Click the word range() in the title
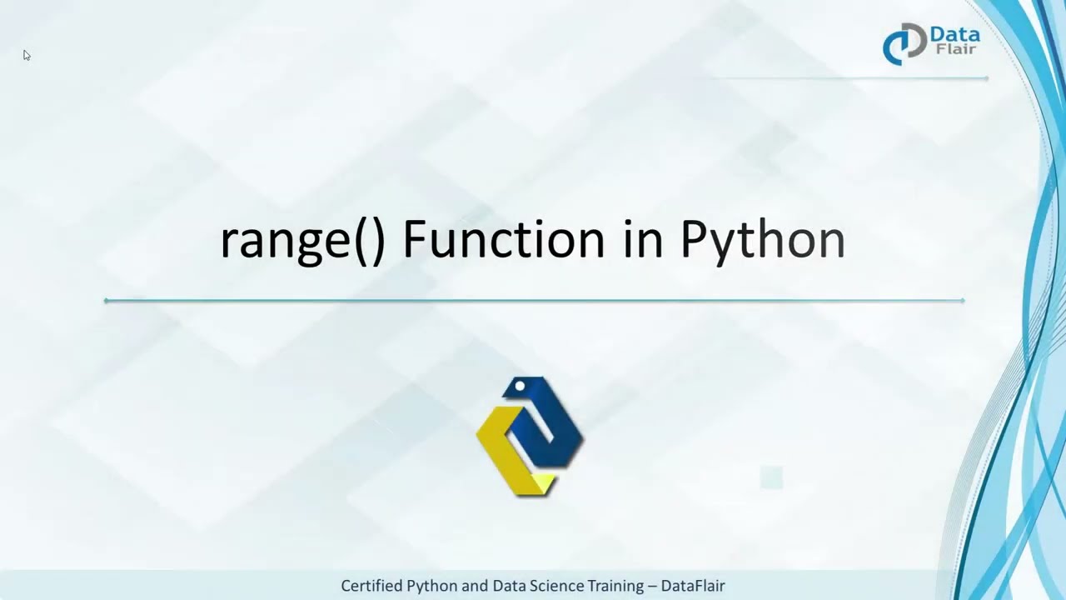(x=302, y=241)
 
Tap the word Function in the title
(x=503, y=239)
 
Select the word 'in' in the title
(x=642, y=239)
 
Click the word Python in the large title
(x=762, y=241)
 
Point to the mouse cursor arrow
(x=27, y=55)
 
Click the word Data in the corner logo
(x=954, y=35)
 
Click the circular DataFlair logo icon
(x=904, y=43)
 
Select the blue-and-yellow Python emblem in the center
(x=530, y=436)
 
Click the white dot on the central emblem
(x=520, y=386)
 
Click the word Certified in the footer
(x=372, y=586)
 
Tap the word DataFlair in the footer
(x=693, y=586)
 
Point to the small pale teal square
(x=771, y=477)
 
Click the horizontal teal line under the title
(x=533, y=300)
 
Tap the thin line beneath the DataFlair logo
(x=849, y=78)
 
